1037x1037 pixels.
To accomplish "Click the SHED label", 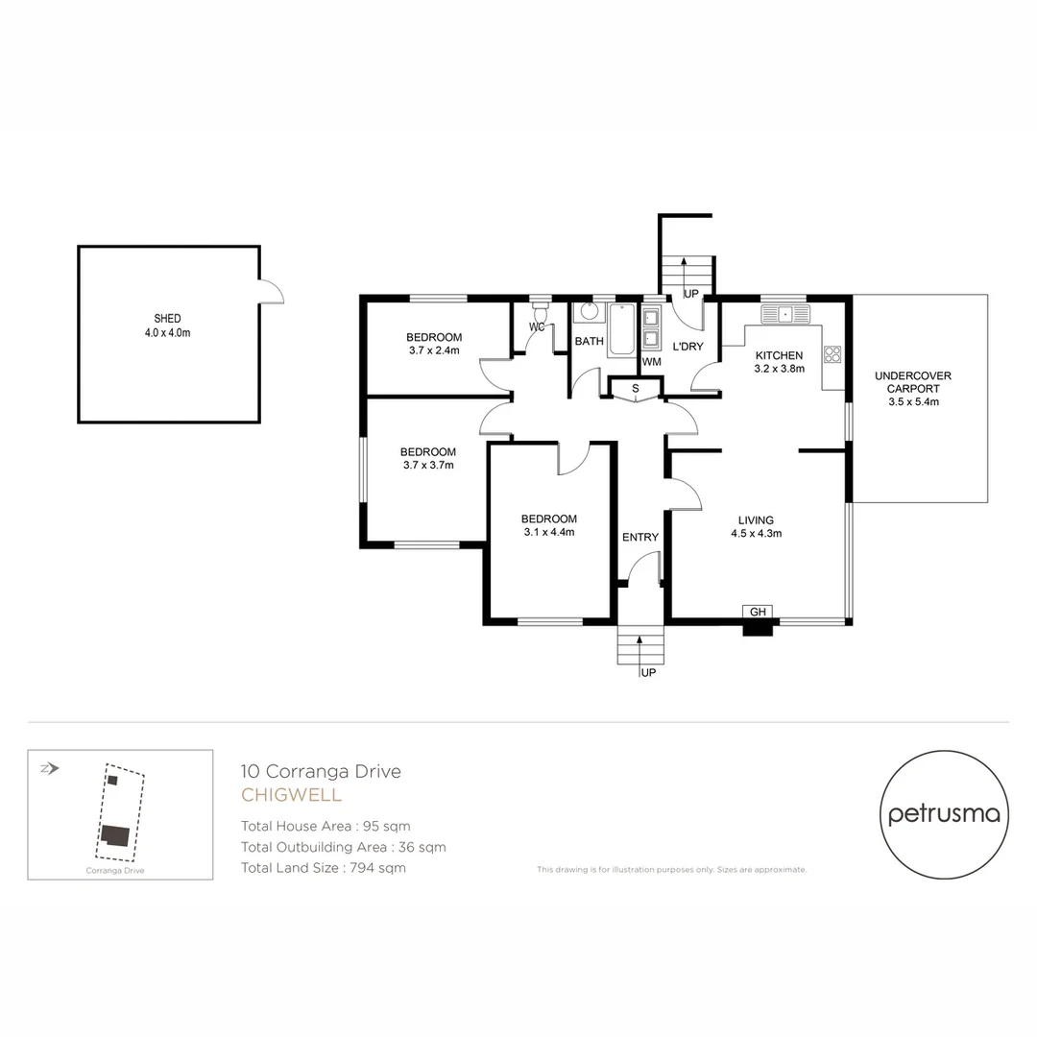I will (167, 318).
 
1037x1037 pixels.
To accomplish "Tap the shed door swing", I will (271, 292).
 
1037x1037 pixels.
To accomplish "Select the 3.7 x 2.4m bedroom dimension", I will (433, 350).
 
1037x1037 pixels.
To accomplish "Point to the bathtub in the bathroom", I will (622, 330).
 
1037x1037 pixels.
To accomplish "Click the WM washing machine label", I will (651, 362).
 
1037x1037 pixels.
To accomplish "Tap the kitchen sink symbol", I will (785, 314).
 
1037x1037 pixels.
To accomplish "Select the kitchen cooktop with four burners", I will (832, 353).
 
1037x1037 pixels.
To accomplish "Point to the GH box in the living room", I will (758, 612).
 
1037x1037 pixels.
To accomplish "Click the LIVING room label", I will (757, 520).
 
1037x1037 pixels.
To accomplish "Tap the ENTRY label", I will (640, 537).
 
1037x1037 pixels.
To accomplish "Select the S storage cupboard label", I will (635, 389).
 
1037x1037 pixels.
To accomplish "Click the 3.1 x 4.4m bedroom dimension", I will (549, 532).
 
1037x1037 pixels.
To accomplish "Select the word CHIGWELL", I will (291, 795).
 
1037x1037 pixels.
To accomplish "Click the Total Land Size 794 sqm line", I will (323, 868).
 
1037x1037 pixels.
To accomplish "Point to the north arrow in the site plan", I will (50, 768).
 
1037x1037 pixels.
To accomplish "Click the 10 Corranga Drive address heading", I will (320, 770).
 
